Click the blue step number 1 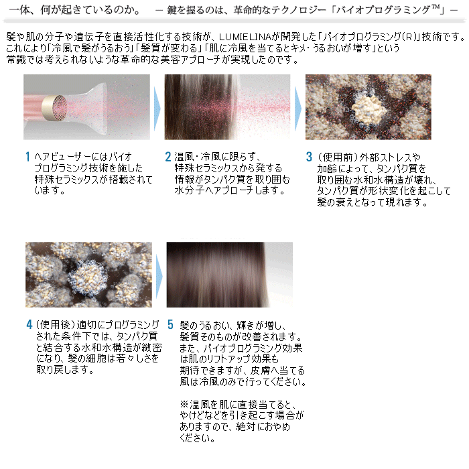[x=27, y=156]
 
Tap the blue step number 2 [x=168, y=156]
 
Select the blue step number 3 [x=309, y=156]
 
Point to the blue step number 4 [x=29, y=324]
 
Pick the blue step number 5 [x=170, y=324]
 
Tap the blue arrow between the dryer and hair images [x=157, y=109]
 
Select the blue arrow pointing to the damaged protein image [x=298, y=109]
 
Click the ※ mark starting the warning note [x=184, y=404]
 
